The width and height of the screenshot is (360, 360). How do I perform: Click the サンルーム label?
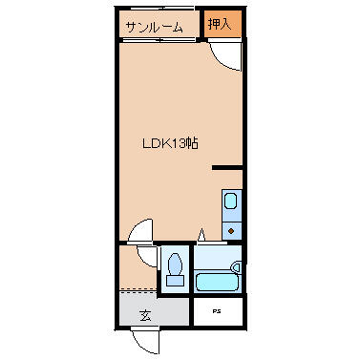[153, 28]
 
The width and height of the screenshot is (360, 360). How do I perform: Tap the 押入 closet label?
[221, 23]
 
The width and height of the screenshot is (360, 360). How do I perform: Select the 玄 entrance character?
[145, 314]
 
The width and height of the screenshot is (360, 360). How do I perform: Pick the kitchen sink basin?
[231, 201]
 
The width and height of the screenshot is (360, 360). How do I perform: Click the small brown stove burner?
[232, 229]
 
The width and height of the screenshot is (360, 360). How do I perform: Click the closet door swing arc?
[225, 57]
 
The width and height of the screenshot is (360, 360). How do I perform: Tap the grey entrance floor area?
[153, 308]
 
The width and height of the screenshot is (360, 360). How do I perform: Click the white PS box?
[219, 311]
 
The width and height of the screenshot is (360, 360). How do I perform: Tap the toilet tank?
[174, 280]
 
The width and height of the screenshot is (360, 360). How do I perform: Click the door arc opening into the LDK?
[139, 232]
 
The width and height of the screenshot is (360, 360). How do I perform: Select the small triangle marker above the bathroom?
[201, 235]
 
